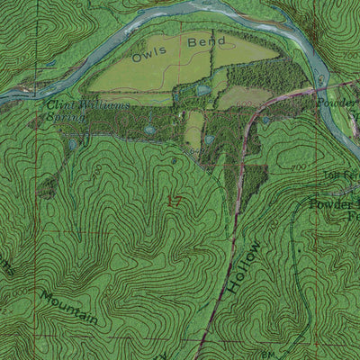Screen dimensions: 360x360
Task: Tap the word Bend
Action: pos(203,41)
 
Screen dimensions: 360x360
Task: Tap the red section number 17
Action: pos(174,202)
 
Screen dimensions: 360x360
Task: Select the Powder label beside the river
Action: pos(339,102)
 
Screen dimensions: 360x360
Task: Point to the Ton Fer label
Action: pos(337,173)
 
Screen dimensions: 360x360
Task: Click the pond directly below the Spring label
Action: pos(71,144)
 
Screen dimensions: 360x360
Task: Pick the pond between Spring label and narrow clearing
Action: pos(150,130)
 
